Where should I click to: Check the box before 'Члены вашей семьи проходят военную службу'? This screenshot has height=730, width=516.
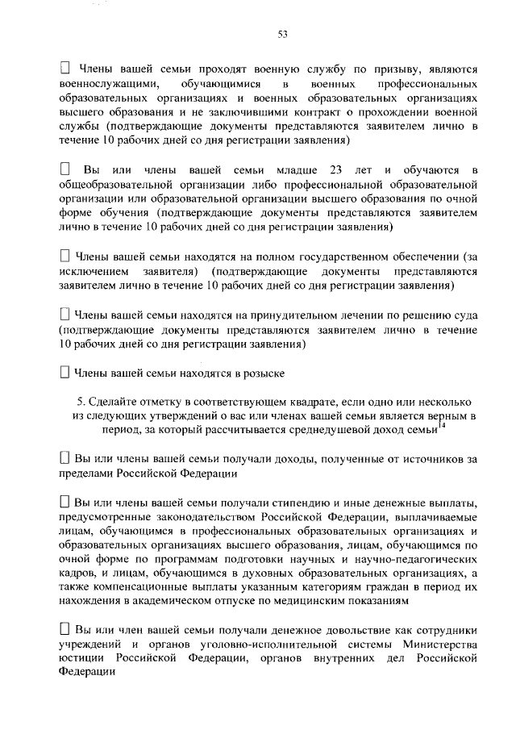[x=66, y=70]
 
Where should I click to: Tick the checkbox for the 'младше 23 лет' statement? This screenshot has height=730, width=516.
[x=66, y=170]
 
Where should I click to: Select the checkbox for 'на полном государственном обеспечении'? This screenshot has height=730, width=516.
[x=66, y=256]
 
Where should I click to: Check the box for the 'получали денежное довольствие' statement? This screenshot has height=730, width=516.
[x=66, y=628]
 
